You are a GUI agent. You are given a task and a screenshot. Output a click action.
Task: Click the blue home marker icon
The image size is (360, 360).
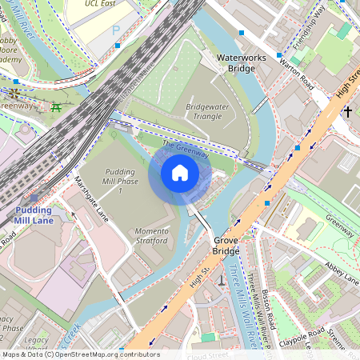point(180,172)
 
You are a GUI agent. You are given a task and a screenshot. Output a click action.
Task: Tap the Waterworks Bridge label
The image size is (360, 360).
point(235,63)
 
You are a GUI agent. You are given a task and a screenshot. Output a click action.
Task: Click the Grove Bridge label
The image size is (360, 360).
point(226,246)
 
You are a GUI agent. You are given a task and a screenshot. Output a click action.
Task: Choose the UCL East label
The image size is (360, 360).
point(103,4)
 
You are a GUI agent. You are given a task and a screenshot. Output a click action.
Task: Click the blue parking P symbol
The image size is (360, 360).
point(116,30)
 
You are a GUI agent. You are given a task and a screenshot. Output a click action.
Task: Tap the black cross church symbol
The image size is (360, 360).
point(348,112)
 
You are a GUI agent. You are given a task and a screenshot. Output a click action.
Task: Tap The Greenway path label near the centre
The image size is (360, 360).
point(185,148)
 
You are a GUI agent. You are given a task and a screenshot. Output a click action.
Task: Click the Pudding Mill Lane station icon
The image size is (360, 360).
point(34,198)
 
